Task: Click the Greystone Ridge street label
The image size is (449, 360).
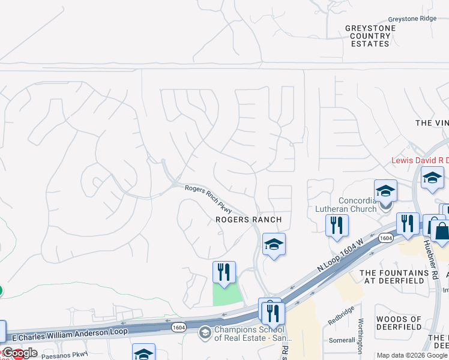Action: click(411, 19)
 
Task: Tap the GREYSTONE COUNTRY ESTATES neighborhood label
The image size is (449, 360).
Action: click(370, 36)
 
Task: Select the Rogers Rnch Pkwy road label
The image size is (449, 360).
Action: click(208, 198)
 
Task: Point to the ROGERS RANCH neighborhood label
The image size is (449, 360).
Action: click(249, 220)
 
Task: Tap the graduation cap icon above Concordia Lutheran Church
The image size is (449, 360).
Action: click(385, 191)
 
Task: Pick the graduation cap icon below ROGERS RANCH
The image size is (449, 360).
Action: click(274, 244)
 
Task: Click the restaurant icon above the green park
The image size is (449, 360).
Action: click(224, 272)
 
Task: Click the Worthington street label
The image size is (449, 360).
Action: click(360, 338)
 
